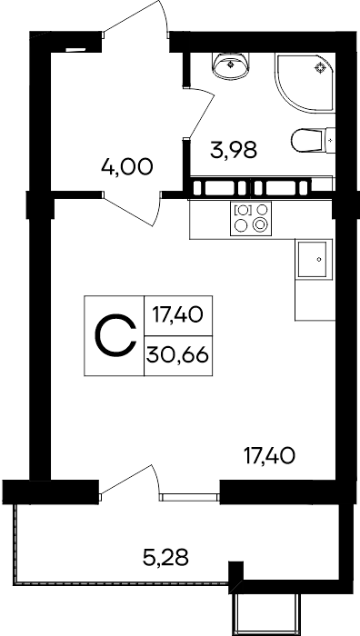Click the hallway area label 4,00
[x=127, y=167]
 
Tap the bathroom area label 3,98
[x=234, y=149]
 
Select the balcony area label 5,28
[x=165, y=557]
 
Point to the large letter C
[x=115, y=335]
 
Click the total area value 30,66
[x=178, y=356]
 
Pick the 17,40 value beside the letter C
[x=177, y=314]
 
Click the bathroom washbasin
[x=231, y=65]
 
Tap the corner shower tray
[x=305, y=84]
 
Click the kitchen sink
[x=312, y=260]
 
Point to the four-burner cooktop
[x=251, y=219]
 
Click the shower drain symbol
[x=321, y=68]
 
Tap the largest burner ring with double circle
[x=260, y=224]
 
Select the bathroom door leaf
[x=202, y=114]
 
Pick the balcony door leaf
[x=125, y=480]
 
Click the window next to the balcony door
[x=189, y=497]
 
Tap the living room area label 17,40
[x=269, y=456]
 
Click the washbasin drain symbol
[x=231, y=64]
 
